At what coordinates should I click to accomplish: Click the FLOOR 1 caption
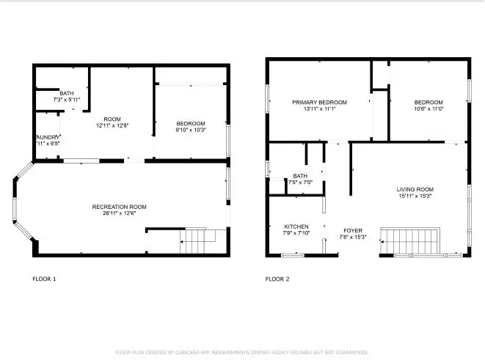(x=44, y=279)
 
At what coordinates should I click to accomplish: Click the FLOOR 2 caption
(x=277, y=279)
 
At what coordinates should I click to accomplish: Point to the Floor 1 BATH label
(x=67, y=93)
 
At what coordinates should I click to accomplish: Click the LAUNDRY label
(x=46, y=137)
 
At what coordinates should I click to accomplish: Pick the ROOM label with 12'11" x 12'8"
(x=112, y=119)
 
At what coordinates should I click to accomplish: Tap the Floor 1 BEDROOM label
(x=191, y=123)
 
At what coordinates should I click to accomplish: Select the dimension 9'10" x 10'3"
(x=191, y=130)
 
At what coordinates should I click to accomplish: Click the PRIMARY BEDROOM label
(x=319, y=102)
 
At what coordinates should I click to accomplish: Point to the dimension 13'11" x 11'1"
(x=319, y=109)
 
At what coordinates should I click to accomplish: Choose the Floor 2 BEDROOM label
(x=429, y=102)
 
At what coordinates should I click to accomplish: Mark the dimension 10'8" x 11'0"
(x=429, y=109)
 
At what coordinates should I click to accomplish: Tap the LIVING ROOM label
(x=415, y=189)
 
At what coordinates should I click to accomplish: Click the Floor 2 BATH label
(x=300, y=176)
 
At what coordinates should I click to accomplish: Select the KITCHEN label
(x=296, y=227)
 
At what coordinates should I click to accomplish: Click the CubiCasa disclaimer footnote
(x=242, y=353)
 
